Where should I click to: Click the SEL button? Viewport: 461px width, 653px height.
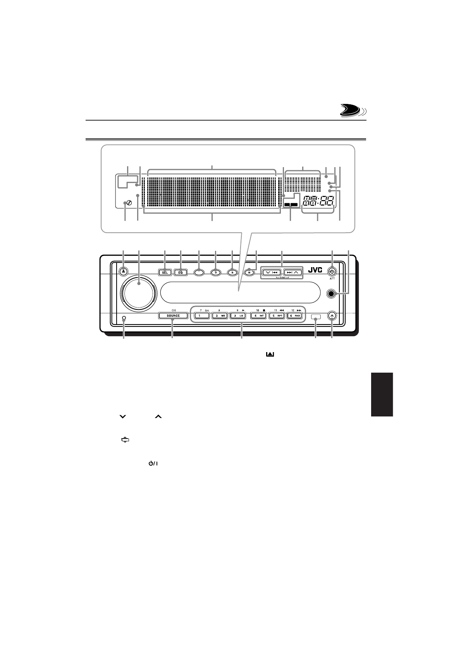[165, 272]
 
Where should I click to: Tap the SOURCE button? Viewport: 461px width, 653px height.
[173, 316]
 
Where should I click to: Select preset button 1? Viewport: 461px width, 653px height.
[201, 316]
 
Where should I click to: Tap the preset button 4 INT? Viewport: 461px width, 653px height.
[258, 316]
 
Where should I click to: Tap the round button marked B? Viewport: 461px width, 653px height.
[232, 272]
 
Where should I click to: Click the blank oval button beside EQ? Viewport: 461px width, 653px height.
[198, 272]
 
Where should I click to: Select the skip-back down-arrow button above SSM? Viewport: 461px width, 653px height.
[272, 272]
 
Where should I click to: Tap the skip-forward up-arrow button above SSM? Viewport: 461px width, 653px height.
[292, 272]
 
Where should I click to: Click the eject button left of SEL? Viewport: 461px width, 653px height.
[123, 272]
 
